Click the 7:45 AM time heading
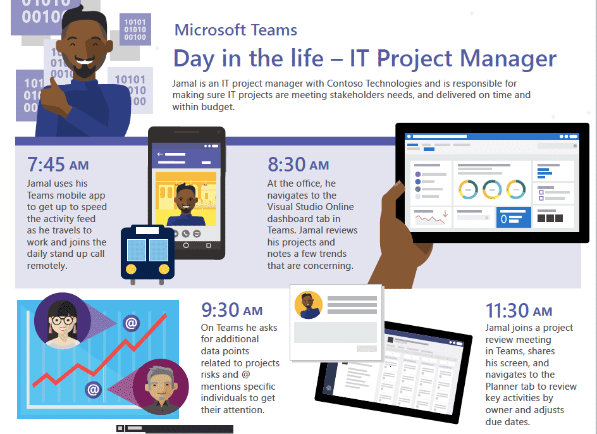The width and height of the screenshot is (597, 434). click(58, 164)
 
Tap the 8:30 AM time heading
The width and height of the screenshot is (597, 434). click(298, 164)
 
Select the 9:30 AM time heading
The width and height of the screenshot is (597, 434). click(232, 310)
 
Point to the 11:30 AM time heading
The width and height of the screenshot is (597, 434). click(519, 310)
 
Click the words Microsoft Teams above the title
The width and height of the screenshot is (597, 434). click(236, 30)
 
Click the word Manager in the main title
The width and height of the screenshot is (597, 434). click(508, 59)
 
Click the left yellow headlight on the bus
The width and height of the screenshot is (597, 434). click(131, 269)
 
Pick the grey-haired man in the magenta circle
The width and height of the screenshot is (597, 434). click(160, 387)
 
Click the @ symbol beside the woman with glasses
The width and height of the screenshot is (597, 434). click(131, 323)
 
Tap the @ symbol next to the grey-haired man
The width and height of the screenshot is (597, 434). click(94, 390)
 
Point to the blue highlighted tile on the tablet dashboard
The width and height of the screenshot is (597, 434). click(514, 217)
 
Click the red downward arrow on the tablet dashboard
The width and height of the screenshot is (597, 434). click(445, 213)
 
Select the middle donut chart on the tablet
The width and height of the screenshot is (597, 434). click(492, 189)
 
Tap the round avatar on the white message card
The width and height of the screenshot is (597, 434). click(309, 305)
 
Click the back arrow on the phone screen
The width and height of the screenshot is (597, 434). click(160, 154)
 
